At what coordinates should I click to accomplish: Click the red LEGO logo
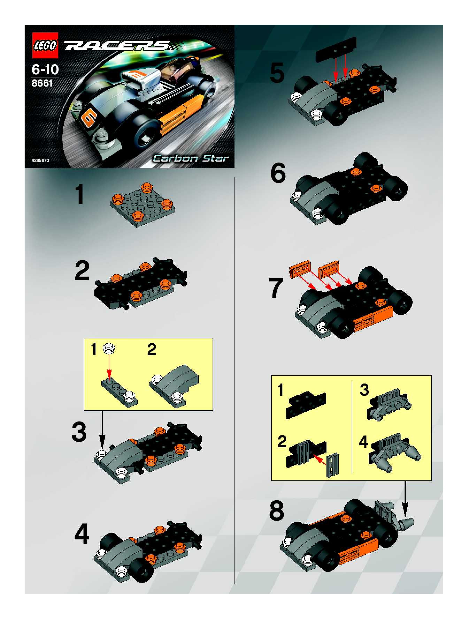45,45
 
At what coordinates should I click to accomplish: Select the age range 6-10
45,69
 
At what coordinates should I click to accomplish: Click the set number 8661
42,83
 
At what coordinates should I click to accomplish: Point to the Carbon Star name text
190,158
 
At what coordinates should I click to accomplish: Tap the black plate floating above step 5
336,50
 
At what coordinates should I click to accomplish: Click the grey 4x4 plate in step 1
143,206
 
